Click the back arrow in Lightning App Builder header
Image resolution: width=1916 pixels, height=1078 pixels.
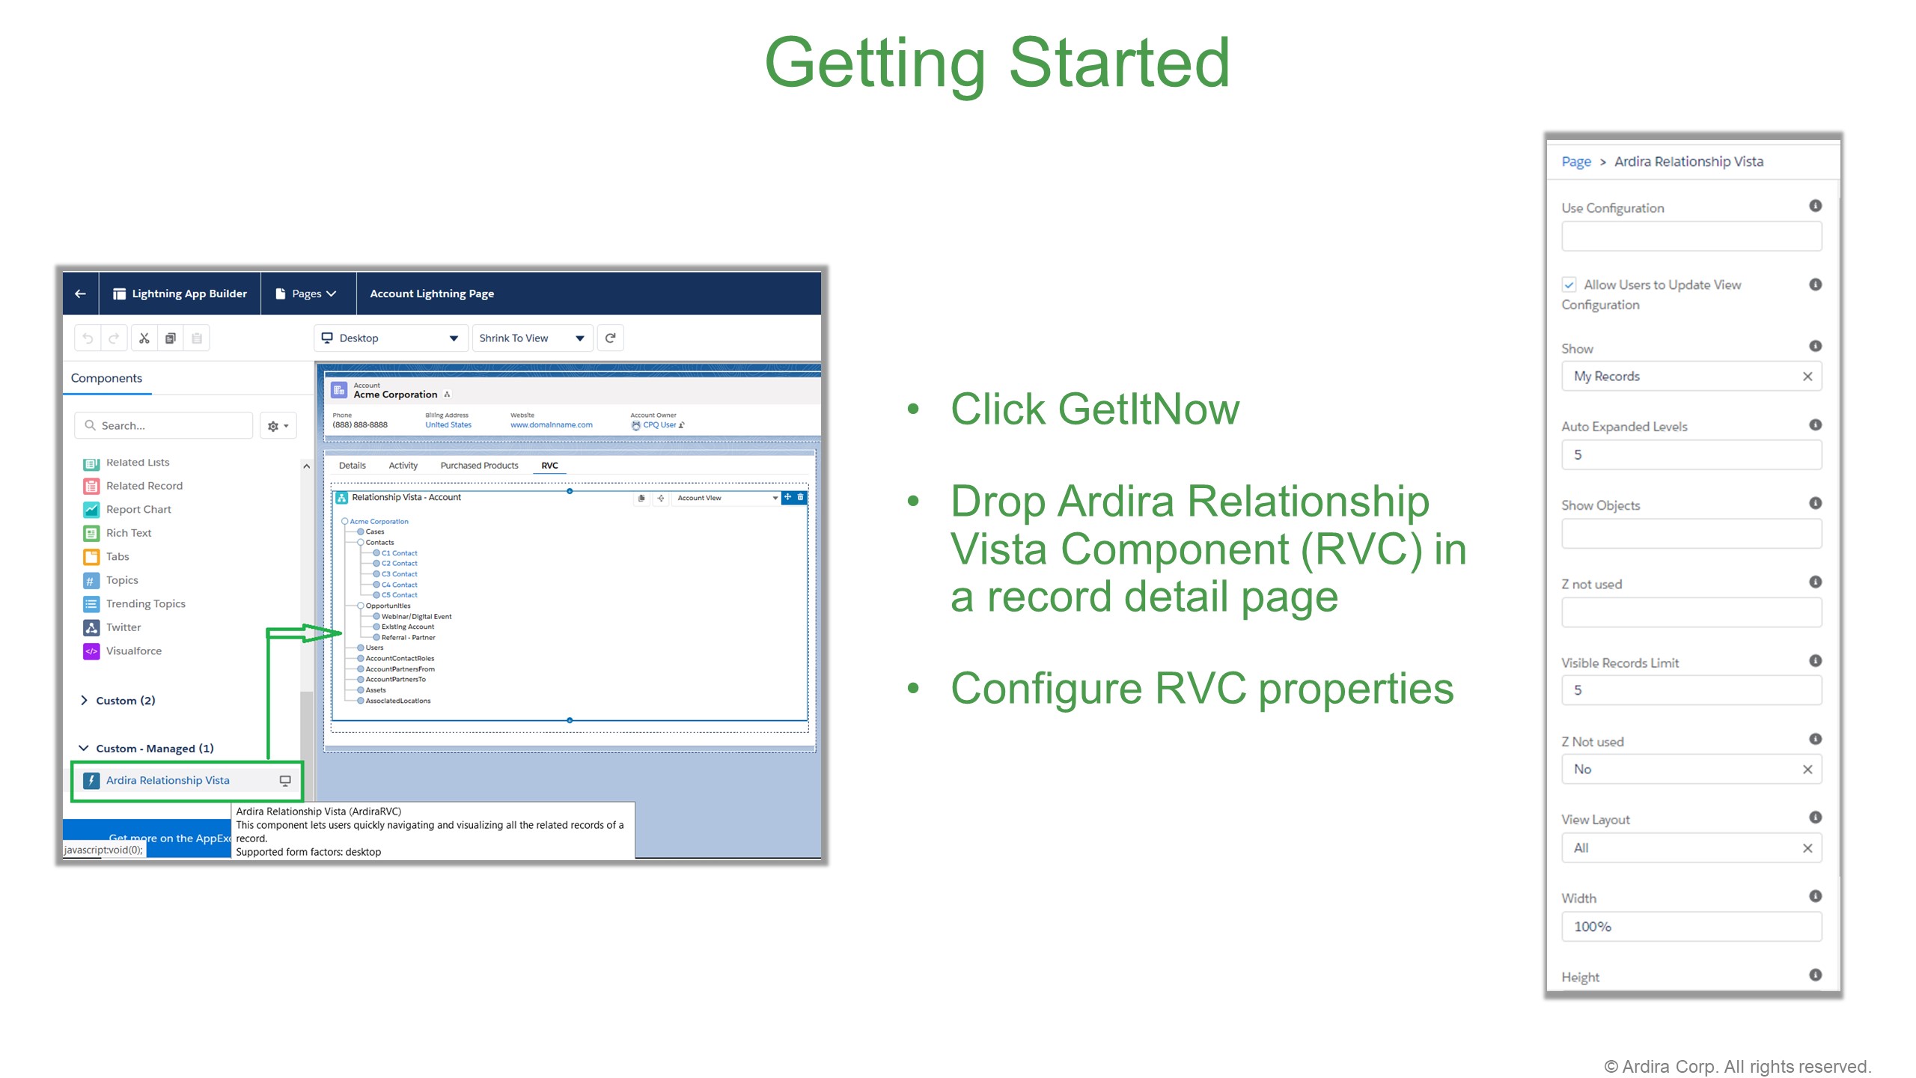point(80,293)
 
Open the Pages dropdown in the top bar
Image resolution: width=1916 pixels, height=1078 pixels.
point(307,293)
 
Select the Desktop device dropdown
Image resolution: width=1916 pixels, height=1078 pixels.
point(390,338)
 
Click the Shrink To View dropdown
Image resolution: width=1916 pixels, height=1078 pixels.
point(531,338)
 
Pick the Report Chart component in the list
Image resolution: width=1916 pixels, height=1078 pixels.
point(138,509)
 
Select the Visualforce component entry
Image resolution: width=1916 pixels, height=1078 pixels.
point(133,651)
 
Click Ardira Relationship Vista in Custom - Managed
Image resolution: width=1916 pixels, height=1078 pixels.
point(168,780)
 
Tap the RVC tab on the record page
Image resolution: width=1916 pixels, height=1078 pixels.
point(549,465)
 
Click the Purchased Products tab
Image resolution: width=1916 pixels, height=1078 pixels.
point(479,465)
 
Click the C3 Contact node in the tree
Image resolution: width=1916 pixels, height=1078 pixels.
point(399,574)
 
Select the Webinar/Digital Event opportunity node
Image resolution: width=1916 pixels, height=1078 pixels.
point(416,616)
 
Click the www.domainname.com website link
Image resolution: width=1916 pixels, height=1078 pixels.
point(551,424)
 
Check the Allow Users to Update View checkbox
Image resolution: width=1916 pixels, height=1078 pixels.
point(1569,284)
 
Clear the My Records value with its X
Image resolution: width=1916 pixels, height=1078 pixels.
point(1807,376)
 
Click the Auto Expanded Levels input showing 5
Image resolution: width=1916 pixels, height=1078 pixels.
point(1691,454)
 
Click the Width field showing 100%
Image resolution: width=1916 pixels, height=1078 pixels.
point(1691,926)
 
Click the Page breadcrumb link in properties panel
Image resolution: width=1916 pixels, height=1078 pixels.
point(1575,162)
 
